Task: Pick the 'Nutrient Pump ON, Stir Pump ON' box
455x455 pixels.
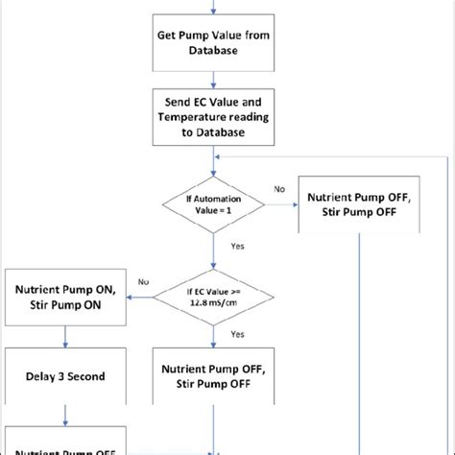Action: click(x=65, y=297)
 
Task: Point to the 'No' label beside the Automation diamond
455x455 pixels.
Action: click(x=278, y=190)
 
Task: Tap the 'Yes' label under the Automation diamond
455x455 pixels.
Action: click(x=236, y=247)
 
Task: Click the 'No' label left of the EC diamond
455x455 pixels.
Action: click(x=143, y=282)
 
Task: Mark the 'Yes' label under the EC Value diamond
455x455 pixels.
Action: click(x=236, y=335)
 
